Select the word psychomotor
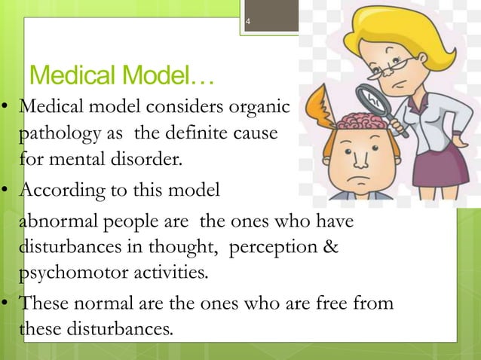pos(67,272)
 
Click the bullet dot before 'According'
pos(7,191)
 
